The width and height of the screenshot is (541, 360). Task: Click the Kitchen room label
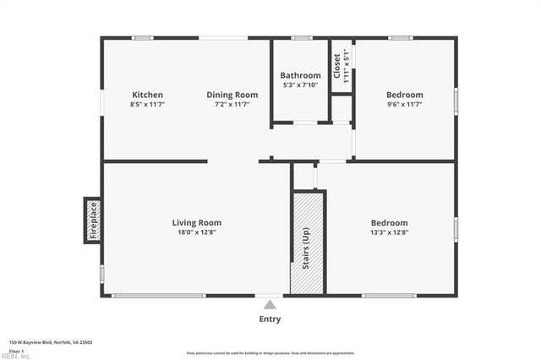pyautogui.click(x=147, y=95)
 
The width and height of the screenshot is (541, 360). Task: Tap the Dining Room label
pyautogui.click(x=232, y=95)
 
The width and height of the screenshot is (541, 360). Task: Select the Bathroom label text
pyautogui.click(x=300, y=75)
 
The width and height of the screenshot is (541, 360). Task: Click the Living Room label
pyautogui.click(x=196, y=223)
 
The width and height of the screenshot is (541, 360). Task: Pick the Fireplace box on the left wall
pyautogui.click(x=93, y=220)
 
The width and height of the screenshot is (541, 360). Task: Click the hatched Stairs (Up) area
pyautogui.click(x=308, y=243)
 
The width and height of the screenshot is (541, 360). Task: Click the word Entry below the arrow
pyautogui.click(x=270, y=319)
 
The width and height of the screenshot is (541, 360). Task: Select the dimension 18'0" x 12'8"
pyautogui.click(x=196, y=232)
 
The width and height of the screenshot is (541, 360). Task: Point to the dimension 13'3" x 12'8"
pyautogui.click(x=389, y=232)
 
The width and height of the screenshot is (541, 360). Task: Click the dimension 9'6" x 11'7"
pyautogui.click(x=404, y=104)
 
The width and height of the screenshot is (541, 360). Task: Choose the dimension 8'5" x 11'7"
pyautogui.click(x=147, y=104)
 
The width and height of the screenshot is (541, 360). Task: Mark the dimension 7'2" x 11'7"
pyautogui.click(x=232, y=104)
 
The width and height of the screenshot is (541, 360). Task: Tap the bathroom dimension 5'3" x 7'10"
pyautogui.click(x=300, y=85)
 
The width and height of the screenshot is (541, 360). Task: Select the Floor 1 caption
pyautogui.click(x=16, y=350)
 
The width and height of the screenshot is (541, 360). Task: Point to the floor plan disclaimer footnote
pyautogui.click(x=270, y=353)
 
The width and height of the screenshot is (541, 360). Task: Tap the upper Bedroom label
pyautogui.click(x=404, y=95)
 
